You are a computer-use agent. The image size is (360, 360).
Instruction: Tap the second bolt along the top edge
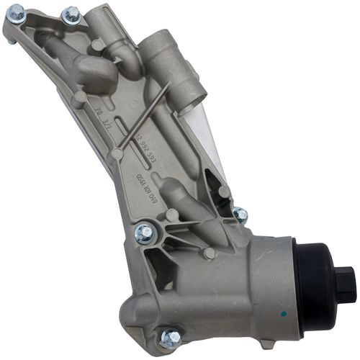(x=71, y=14)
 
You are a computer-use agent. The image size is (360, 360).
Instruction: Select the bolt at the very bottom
(x=171, y=337)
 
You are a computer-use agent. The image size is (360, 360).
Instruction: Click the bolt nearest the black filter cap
(x=240, y=215)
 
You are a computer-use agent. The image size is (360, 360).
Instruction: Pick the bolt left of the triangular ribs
(x=144, y=232)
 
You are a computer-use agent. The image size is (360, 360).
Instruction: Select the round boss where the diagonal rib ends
(x=117, y=154)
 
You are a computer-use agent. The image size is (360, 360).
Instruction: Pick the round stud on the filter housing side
(x=209, y=253)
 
